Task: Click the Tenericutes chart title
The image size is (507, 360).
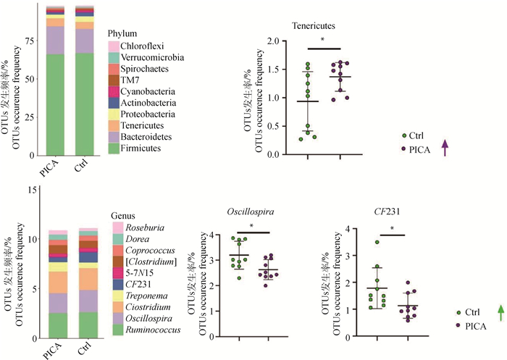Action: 313,26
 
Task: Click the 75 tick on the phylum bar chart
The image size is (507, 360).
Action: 28,42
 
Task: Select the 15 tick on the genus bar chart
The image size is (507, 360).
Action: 28,189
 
